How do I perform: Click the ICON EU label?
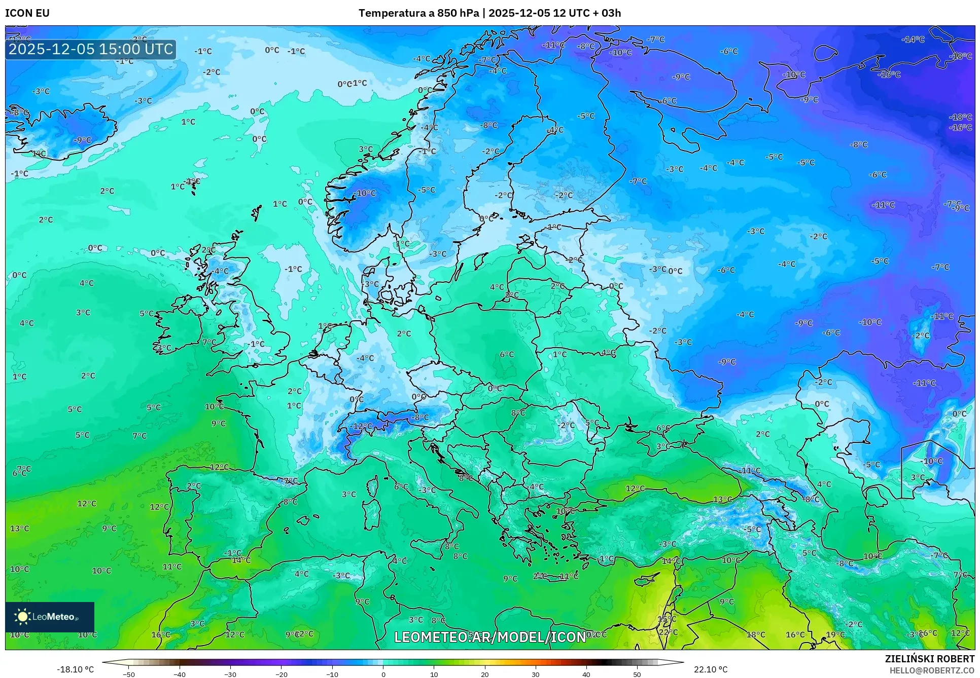tap(27, 13)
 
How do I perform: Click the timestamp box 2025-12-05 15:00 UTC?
tap(91, 49)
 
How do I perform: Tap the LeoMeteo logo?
tap(50, 617)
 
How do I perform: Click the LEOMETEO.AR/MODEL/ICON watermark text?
tap(490, 637)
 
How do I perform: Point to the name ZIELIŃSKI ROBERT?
tap(930, 659)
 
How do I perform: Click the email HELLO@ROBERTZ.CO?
tap(932, 670)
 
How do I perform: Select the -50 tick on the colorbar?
tap(129, 674)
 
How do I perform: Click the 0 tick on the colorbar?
tap(383, 674)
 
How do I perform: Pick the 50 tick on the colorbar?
tap(637, 674)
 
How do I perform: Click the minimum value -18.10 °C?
tap(75, 669)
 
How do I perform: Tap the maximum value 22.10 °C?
tap(710, 669)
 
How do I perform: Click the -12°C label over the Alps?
tap(362, 426)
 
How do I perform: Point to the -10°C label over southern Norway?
tap(365, 193)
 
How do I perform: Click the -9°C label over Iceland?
tap(83, 140)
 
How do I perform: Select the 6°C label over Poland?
tap(507, 354)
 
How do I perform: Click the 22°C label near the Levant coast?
tap(668, 632)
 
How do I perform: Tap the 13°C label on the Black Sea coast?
tap(722, 499)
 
